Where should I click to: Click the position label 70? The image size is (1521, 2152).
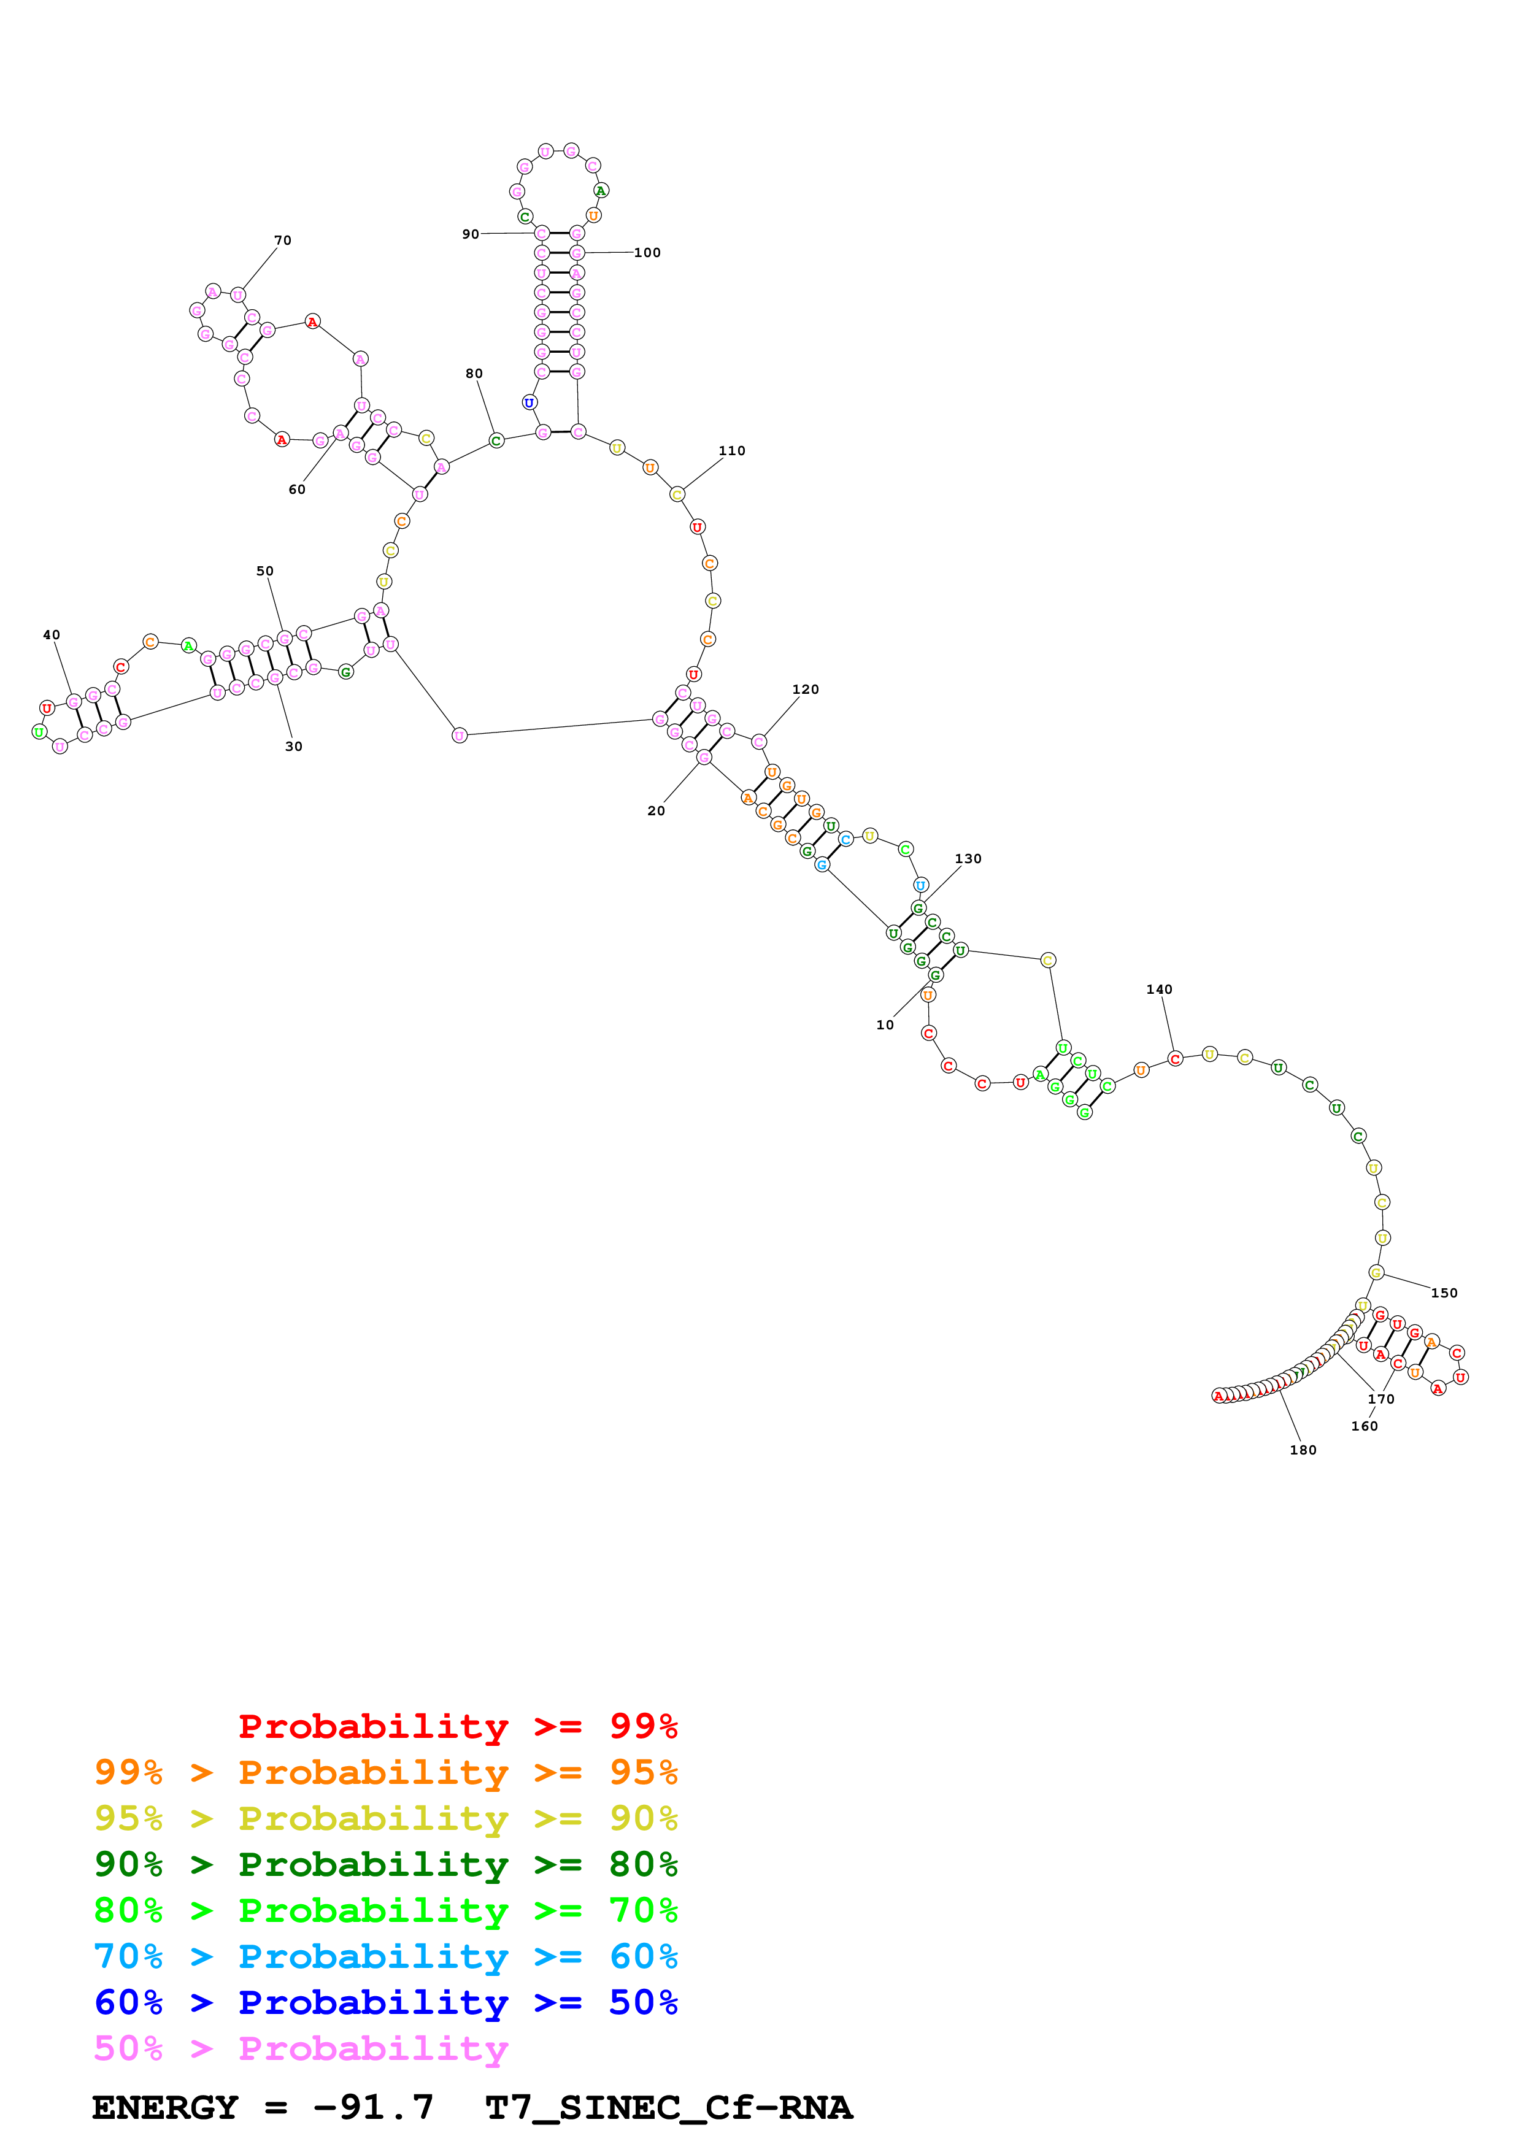(282, 240)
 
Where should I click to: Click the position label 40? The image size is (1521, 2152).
(52, 634)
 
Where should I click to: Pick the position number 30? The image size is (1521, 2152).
(293, 746)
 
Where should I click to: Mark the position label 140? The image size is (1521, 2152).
(1159, 989)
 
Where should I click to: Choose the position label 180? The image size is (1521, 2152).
(1303, 1450)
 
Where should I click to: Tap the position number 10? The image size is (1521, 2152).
(885, 1024)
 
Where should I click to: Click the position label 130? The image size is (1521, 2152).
(968, 859)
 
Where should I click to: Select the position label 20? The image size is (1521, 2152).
(656, 811)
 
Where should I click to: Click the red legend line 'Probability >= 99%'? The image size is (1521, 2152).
(457, 1726)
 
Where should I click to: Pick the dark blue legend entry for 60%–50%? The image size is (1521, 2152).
(385, 2002)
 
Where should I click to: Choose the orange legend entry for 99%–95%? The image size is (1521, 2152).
(385, 1772)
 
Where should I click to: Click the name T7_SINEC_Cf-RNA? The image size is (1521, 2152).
(668, 2107)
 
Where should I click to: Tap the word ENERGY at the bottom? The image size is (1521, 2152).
(165, 2107)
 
